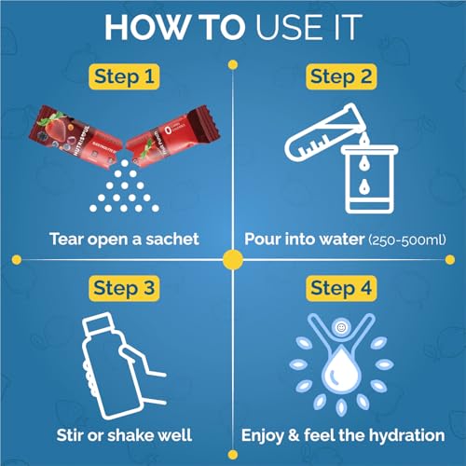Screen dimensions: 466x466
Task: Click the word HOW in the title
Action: pyautogui.click(x=146, y=27)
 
